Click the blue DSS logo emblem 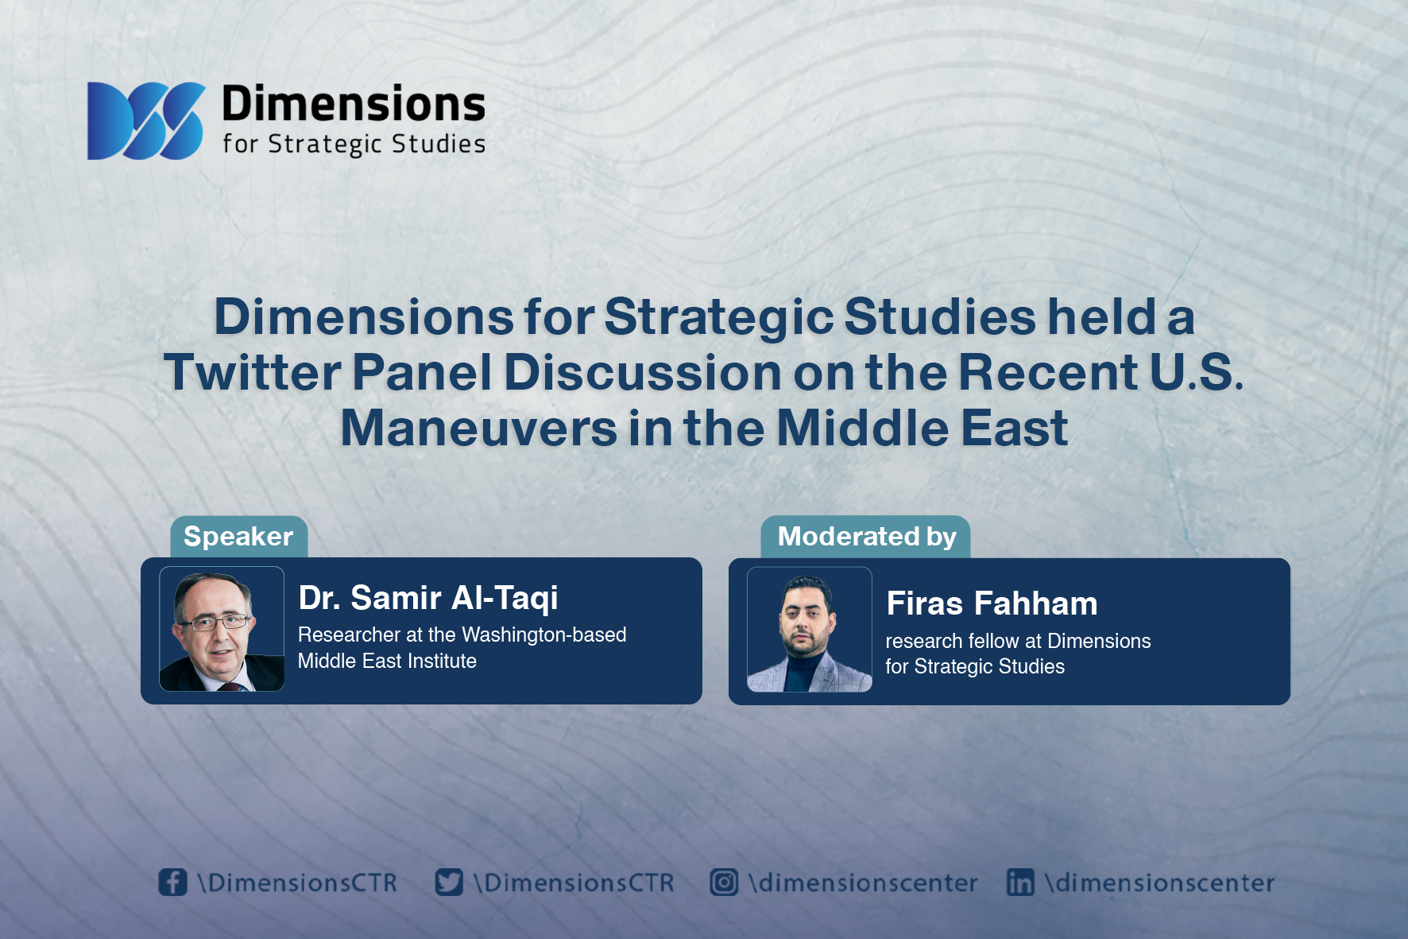pyautogui.click(x=146, y=121)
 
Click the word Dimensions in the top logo pyautogui.click(x=354, y=104)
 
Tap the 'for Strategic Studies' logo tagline pyautogui.click(x=354, y=144)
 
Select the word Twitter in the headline pyautogui.click(x=252, y=372)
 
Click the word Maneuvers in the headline pyautogui.click(x=478, y=428)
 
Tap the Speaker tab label pyautogui.click(x=238, y=537)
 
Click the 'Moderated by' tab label pyautogui.click(x=867, y=537)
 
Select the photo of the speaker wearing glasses pyautogui.click(x=222, y=629)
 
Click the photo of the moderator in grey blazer pyautogui.click(x=810, y=630)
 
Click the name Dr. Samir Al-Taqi pyautogui.click(x=428, y=598)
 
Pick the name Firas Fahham pyautogui.click(x=992, y=603)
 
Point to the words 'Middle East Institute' pyautogui.click(x=387, y=661)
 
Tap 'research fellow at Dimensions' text pyautogui.click(x=1018, y=641)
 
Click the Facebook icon pyautogui.click(x=172, y=882)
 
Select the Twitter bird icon pyautogui.click(x=449, y=882)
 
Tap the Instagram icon pyautogui.click(x=724, y=882)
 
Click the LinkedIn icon pyautogui.click(x=1020, y=882)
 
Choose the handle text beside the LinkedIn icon pyautogui.click(x=1160, y=883)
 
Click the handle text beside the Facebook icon pyautogui.click(x=297, y=883)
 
